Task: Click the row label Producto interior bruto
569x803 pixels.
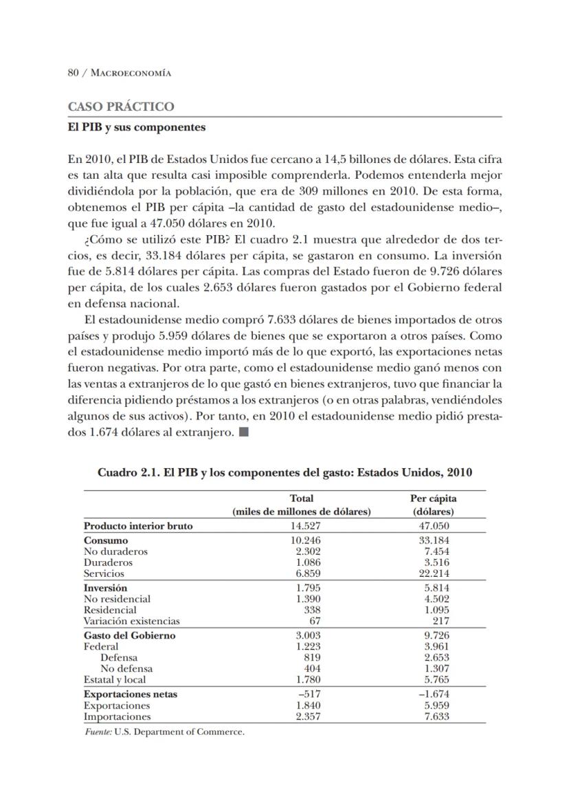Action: [138, 526]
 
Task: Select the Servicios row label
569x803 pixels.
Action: [104, 573]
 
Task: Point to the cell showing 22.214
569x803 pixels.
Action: [434, 573]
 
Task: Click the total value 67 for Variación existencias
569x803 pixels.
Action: [315, 621]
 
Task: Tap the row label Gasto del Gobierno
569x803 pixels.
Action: [129, 635]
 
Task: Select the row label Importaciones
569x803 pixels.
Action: [117, 716]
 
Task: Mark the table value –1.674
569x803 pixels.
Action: [434, 694]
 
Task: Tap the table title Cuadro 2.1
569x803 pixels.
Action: [284, 473]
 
